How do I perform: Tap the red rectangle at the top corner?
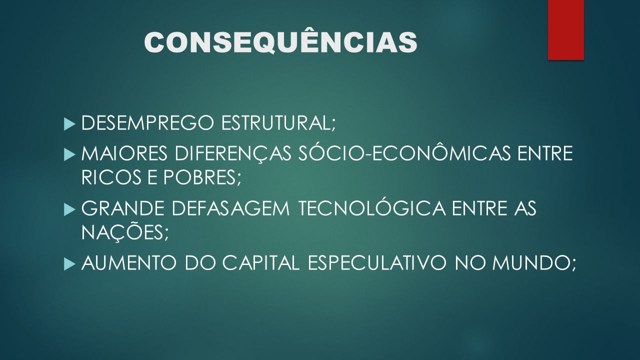point(565,29)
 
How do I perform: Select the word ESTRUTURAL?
point(278,123)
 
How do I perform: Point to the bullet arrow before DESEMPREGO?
point(69,124)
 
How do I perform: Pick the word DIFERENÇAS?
point(233,153)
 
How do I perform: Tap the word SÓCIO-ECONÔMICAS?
point(404,152)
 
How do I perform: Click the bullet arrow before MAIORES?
point(69,155)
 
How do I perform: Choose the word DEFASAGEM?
point(231,208)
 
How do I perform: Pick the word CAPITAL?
point(261,263)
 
